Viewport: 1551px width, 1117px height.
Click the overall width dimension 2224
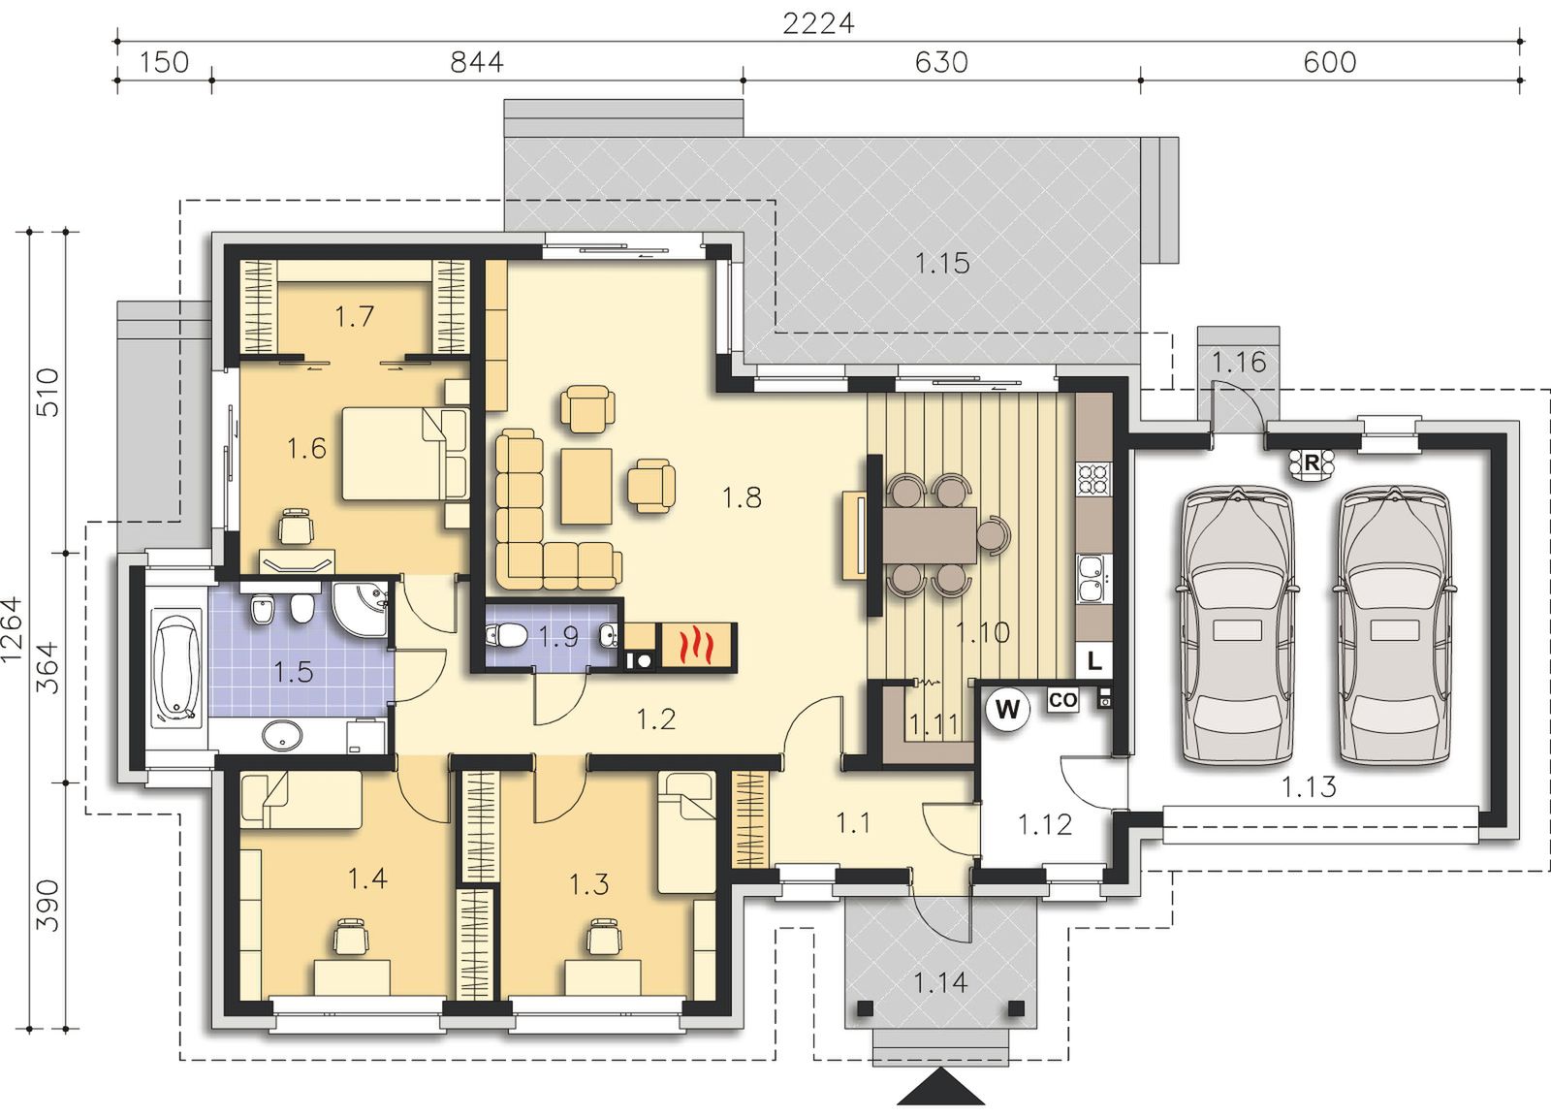(818, 24)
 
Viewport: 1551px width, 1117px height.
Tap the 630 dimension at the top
(941, 63)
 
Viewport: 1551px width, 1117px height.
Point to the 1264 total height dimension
(13, 630)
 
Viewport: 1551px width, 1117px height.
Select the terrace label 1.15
(942, 263)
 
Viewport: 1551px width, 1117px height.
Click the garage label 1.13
(1308, 787)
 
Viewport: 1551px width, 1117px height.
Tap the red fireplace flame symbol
(695, 646)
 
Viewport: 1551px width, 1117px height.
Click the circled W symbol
(1007, 709)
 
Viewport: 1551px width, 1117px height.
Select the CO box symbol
(1062, 700)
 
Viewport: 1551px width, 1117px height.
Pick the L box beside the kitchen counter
(1094, 661)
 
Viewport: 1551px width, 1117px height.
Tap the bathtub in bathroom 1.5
(175, 669)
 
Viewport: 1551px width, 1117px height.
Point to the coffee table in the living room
(586, 486)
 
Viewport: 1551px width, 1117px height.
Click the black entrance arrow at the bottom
(940, 1087)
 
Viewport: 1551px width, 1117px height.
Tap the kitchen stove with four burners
(1093, 479)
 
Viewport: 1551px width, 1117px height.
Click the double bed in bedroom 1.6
(405, 454)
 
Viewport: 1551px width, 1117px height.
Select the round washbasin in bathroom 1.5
(281, 735)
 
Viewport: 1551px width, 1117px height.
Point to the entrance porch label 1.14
(939, 982)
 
